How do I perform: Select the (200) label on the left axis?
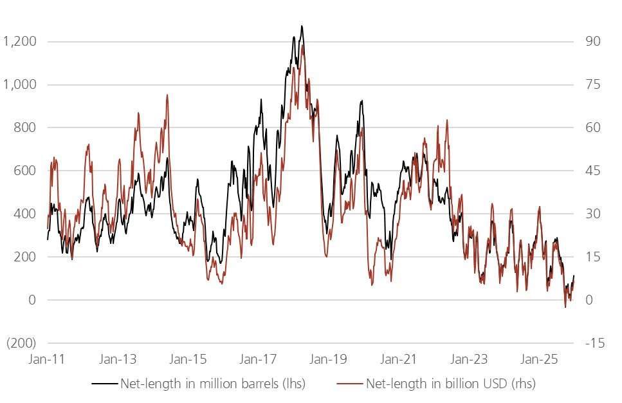pos(21,343)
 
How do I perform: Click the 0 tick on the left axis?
pos(31,300)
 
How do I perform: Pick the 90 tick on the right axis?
pos(592,42)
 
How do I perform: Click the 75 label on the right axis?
pos(592,85)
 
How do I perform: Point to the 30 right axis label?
pos(592,214)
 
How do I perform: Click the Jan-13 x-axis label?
pos(120,359)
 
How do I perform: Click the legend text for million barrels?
pos(212,384)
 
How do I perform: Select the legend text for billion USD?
pos(450,384)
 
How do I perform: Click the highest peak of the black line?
pos(302,26)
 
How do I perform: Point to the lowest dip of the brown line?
pos(565,307)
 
